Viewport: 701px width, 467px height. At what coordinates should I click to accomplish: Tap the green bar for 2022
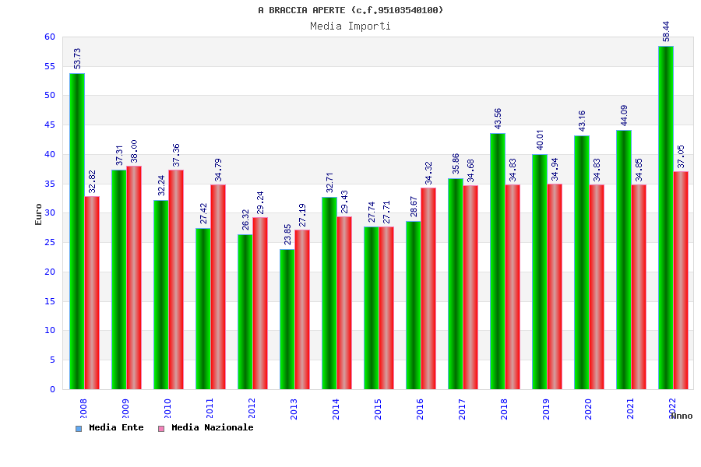point(665,217)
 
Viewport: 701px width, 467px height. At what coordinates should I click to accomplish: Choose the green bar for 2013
point(287,319)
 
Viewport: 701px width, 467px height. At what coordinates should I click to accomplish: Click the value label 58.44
point(666,31)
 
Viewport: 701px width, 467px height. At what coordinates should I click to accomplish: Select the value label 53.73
point(77,58)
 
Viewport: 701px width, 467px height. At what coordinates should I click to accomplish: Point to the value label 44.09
point(624,115)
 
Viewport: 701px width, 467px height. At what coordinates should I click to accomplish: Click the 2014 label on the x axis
point(336,409)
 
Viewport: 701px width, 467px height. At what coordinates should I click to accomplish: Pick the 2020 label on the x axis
point(588,409)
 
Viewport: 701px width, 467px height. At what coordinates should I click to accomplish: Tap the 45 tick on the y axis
point(50,125)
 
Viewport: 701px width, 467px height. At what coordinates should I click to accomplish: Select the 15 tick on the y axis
point(50,301)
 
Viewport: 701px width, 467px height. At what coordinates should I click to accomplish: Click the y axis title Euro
point(39,214)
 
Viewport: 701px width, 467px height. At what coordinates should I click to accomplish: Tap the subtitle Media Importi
point(350,26)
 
